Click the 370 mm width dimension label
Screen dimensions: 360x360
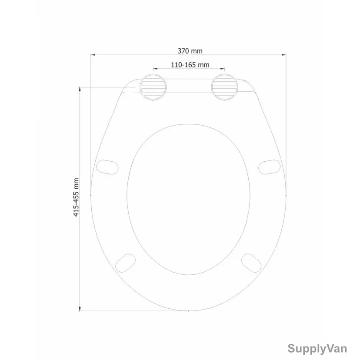click(190, 51)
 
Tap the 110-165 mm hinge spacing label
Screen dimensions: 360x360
click(190, 65)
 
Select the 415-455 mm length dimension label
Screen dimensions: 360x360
click(76, 197)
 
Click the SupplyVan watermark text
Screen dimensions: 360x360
click(317, 348)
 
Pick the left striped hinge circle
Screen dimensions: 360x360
click(153, 87)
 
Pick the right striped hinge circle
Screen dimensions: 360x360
click(224, 87)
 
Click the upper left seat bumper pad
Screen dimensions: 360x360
click(107, 167)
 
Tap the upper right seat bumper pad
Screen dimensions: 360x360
click(270, 167)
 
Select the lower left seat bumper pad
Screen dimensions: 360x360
click(125, 263)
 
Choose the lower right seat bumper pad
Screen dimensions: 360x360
click(251, 263)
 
